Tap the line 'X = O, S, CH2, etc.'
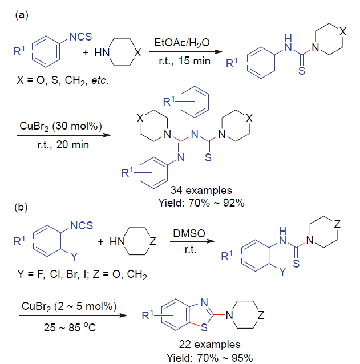[x=63, y=80]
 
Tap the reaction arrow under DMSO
[x=187, y=242]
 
